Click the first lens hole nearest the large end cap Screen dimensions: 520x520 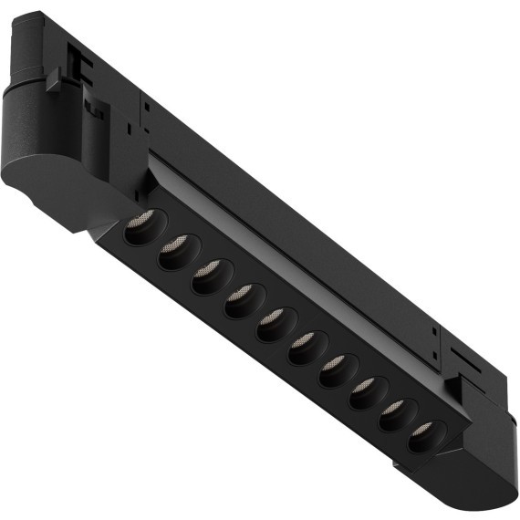(137, 227)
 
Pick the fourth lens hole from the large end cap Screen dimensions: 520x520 (240, 300)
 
